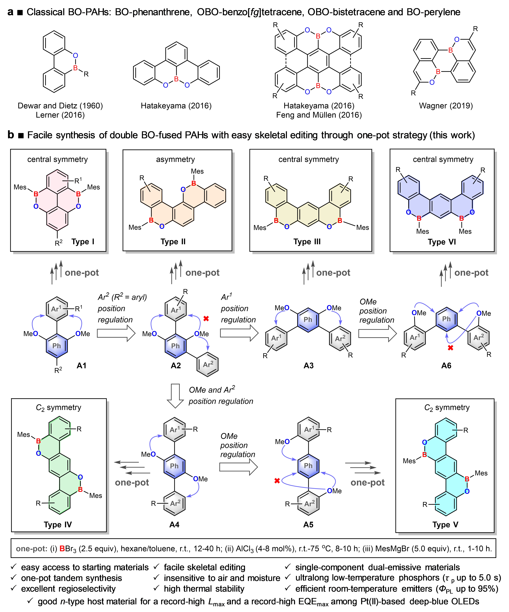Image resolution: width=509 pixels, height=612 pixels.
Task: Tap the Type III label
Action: click(x=307, y=242)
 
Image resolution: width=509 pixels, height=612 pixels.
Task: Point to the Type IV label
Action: click(x=58, y=525)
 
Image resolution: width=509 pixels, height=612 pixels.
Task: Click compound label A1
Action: click(x=82, y=365)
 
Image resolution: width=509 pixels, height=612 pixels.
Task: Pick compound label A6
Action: click(x=446, y=365)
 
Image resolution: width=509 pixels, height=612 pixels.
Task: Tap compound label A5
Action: click(x=308, y=525)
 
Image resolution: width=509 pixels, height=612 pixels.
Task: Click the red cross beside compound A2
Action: click(x=206, y=318)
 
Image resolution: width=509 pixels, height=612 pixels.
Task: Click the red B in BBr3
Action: click(x=62, y=549)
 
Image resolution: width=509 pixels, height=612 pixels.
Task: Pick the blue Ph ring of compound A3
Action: click(x=308, y=319)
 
